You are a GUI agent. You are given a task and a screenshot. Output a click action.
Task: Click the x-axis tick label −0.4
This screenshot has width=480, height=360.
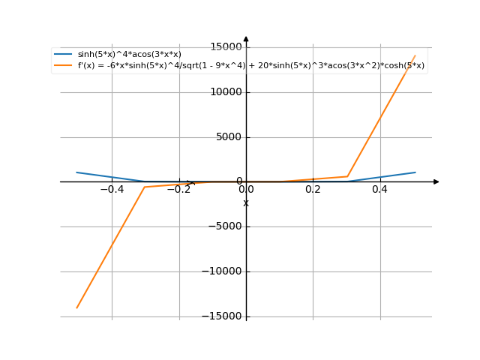tap(112, 190)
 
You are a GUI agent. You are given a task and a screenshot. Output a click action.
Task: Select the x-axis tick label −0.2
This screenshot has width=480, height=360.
tap(178, 190)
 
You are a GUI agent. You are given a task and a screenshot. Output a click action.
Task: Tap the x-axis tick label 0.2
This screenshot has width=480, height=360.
tap(313, 190)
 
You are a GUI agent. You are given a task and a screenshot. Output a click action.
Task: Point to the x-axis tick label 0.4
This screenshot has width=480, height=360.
tap(379, 190)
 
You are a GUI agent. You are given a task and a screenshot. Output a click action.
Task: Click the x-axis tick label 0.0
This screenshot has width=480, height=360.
tap(246, 190)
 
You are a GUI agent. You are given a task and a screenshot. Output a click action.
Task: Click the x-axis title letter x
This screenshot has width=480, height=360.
tap(246, 202)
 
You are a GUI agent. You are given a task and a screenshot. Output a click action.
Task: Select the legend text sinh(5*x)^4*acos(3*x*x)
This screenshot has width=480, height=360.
tap(129, 54)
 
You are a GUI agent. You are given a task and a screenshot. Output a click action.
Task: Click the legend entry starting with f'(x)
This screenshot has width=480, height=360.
tap(251, 65)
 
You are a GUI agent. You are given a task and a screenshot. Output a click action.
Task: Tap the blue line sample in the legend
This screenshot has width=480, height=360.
tap(63, 54)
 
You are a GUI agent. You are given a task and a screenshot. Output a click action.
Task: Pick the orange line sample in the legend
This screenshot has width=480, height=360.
tap(63, 65)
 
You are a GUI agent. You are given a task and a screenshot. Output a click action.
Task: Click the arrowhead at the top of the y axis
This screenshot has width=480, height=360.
tap(246, 39)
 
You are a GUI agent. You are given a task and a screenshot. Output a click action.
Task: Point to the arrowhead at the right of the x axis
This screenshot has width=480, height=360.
tap(436, 181)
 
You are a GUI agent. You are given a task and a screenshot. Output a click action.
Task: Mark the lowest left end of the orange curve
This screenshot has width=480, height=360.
tap(76, 307)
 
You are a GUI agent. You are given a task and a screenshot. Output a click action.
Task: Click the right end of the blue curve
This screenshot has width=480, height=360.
tap(415, 172)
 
